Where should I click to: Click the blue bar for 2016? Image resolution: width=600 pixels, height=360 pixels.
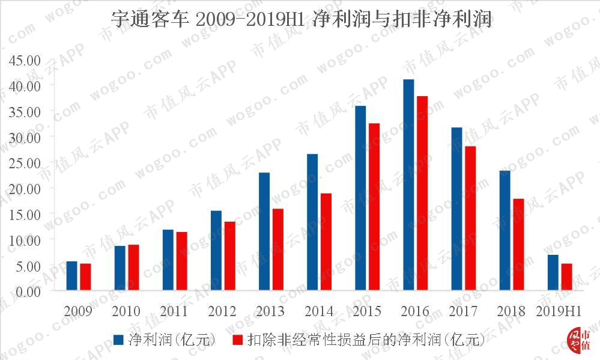[x=408, y=185]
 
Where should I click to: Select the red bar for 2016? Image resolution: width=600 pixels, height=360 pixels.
[x=422, y=193]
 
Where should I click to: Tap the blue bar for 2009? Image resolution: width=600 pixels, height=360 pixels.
[x=71, y=276]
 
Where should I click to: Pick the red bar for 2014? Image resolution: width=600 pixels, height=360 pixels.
[x=326, y=242]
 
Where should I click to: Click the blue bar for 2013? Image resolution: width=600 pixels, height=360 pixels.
[x=264, y=231]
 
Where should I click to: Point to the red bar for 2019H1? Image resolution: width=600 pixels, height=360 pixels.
[x=567, y=277]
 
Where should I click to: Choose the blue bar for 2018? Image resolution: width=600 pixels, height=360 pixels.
[x=505, y=230]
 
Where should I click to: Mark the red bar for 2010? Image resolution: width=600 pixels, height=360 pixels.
[x=133, y=267]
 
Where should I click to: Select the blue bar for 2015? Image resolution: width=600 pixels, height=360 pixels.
[x=360, y=198]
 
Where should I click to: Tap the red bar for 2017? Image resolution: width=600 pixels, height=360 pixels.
[x=470, y=218]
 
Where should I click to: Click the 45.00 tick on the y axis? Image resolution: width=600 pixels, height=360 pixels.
[x=25, y=60]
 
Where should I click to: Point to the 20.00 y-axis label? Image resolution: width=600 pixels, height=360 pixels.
[x=25, y=189]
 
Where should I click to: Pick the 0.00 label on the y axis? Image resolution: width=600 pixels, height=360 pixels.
[x=28, y=292]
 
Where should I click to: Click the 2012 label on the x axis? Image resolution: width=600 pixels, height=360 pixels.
[x=222, y=311]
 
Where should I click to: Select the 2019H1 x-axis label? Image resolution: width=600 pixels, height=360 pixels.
[x=559, y=311]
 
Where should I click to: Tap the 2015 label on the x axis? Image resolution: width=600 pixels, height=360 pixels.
[x=367, y=311]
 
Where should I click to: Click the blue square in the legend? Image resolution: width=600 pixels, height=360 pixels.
[x=118, y=340]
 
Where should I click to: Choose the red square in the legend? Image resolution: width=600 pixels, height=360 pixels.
[x=238, y=340]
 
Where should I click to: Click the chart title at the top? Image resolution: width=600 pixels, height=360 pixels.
[x=301, y=19]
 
